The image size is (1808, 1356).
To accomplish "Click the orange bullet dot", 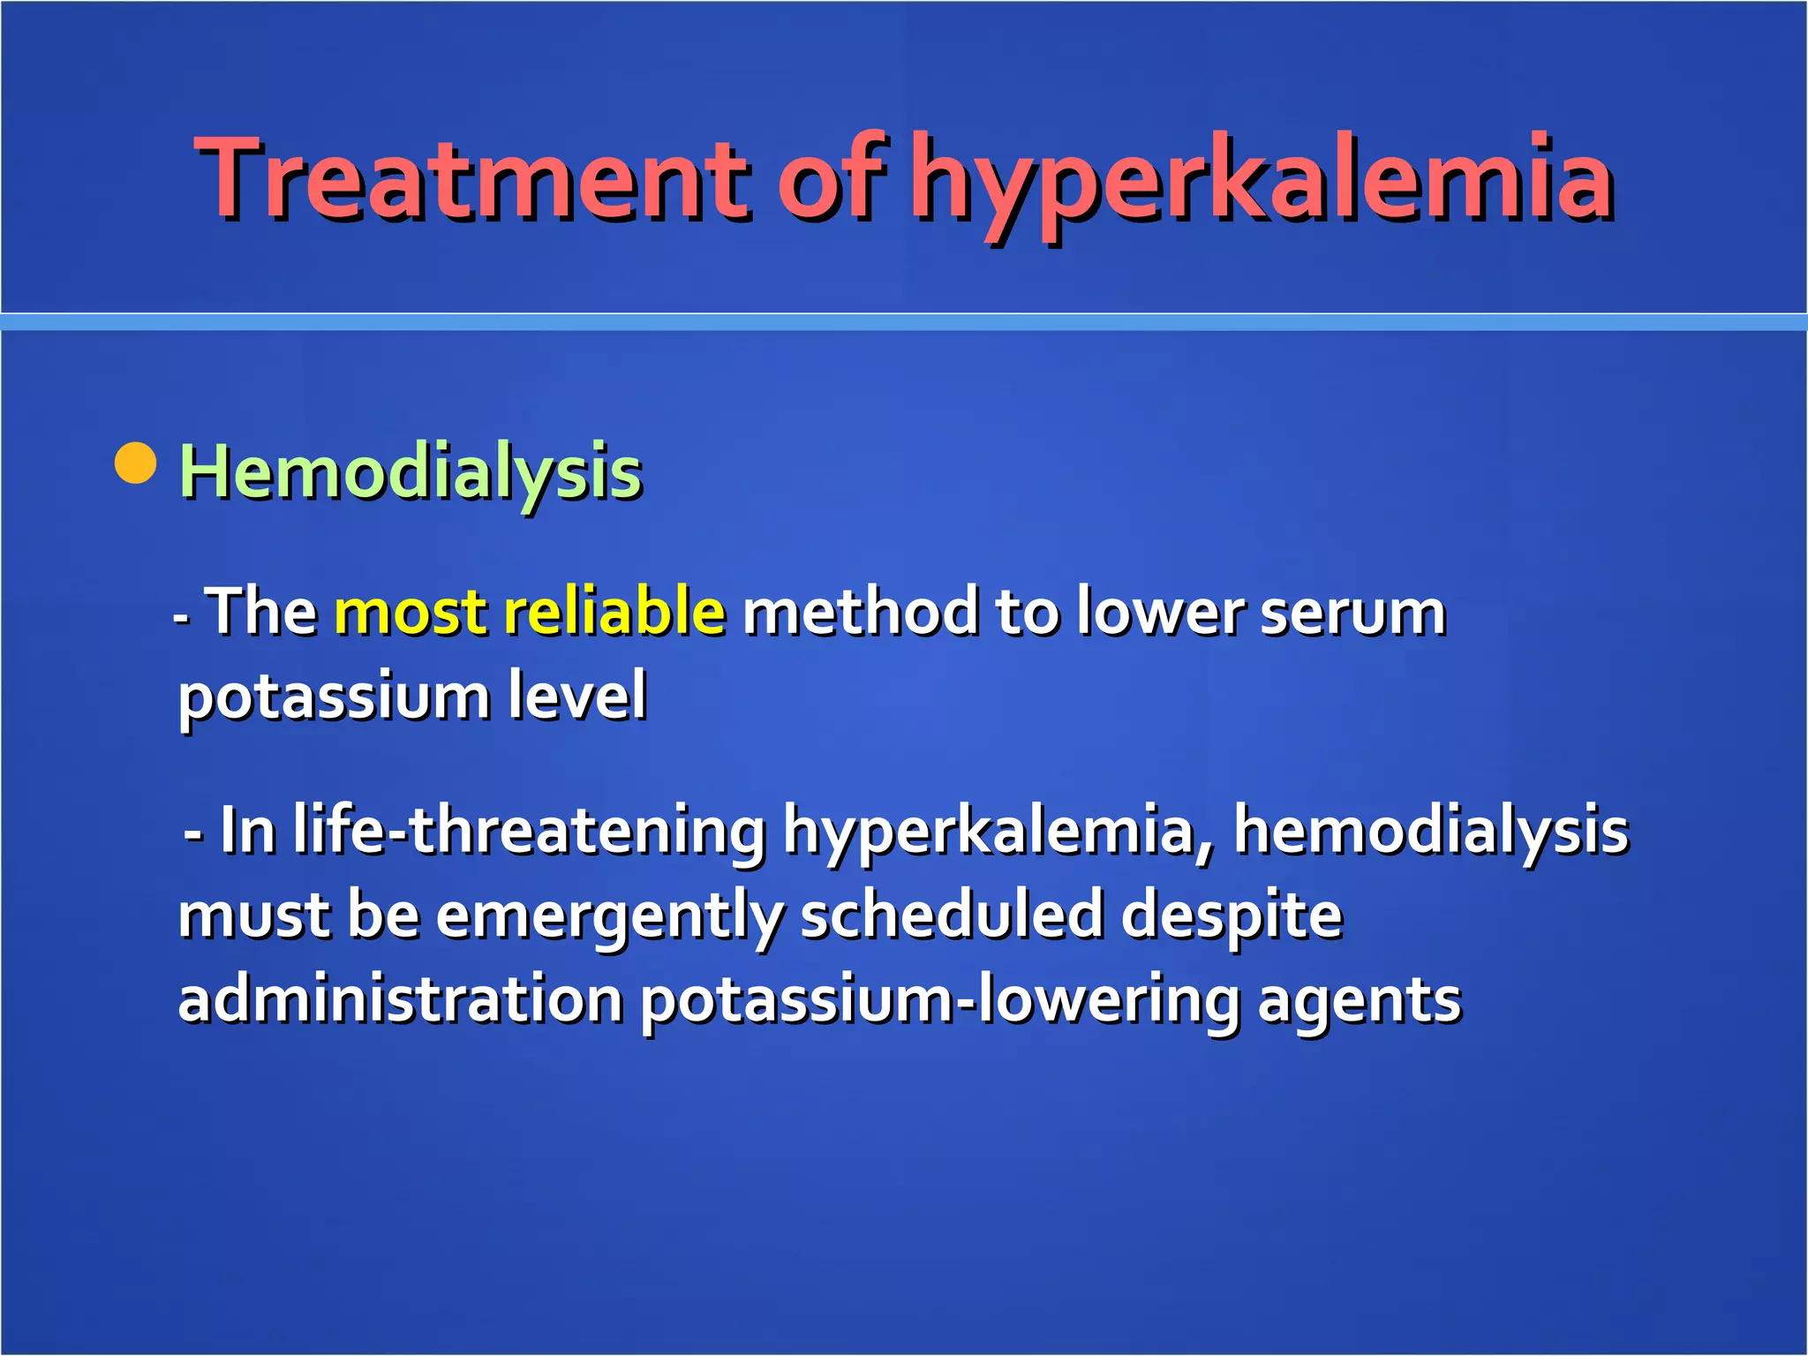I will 136,463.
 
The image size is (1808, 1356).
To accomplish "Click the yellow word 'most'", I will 411,612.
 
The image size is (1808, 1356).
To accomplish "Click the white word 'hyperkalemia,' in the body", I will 998,832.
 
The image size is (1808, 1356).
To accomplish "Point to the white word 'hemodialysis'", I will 1430,832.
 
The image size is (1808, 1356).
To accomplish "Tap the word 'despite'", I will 1232,917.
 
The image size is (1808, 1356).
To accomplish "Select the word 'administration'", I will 401,999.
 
